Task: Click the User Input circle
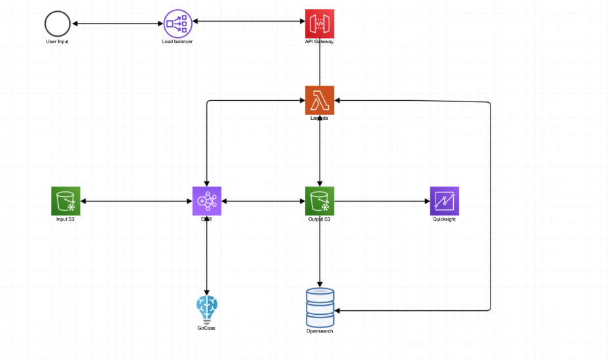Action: click(x=58, y=24)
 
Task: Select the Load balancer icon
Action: click(x=177, y=24)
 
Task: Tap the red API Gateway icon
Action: click(x=320, y=24)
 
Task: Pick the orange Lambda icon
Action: click(x=320, y=100)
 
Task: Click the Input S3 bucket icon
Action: click(x=65, y=201)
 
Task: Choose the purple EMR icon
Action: click(x=207, y=201)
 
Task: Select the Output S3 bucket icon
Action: click(x=320, y=201)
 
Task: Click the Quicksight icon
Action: click(x=444, y=201)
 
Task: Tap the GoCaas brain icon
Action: click(x=207, y=308)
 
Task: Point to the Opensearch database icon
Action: click(x=320, y=307)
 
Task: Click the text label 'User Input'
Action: click(x=58, y=42)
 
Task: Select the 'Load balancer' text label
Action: click(x=177, y=42)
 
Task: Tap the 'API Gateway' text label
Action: click(x=320, y=42)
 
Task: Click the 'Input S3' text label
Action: click(x=65, y=219)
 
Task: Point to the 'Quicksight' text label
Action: click(x=444, y=219)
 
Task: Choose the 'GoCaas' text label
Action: click(x=206, y=328)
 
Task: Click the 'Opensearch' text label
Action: click(x=320, y=331)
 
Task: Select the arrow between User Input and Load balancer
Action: click(x=117, y=24)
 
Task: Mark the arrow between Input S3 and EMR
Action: click(x=136, y=201)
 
